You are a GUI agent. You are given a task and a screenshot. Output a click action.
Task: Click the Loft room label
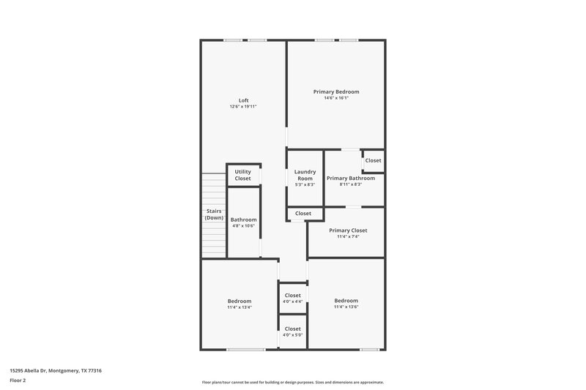[242, 100]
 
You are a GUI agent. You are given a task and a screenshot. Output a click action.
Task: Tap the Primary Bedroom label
[336, 91]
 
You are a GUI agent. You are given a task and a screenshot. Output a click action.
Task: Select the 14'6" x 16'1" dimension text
[336, 98]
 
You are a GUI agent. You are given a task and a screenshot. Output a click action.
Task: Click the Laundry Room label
[305, 175]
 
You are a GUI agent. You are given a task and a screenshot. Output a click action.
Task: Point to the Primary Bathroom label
[351, 178]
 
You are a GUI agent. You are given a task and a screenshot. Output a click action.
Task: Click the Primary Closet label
[347, 230]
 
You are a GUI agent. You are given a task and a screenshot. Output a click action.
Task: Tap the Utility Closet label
[242, 175]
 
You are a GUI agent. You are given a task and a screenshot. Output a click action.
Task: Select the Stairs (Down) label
[214, 214]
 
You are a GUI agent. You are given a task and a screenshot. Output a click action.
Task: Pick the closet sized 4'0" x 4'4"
[292, 299]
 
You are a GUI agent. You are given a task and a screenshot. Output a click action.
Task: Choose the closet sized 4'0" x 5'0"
[292, 331]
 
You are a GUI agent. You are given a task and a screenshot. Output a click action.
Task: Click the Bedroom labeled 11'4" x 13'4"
[240, 304]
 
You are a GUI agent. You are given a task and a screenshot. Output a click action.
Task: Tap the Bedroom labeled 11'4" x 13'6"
[346, 304]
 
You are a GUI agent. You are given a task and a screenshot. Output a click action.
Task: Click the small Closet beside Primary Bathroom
[373, 160]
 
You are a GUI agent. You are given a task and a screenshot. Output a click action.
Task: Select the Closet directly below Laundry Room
[303, 214]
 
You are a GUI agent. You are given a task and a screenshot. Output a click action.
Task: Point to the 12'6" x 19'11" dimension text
[242, 107]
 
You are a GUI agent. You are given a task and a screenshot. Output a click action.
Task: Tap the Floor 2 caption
[18, 380]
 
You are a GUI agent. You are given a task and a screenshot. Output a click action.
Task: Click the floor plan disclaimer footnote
[292, 382]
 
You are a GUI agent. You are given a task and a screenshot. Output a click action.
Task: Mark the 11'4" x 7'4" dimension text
[347, 236]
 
